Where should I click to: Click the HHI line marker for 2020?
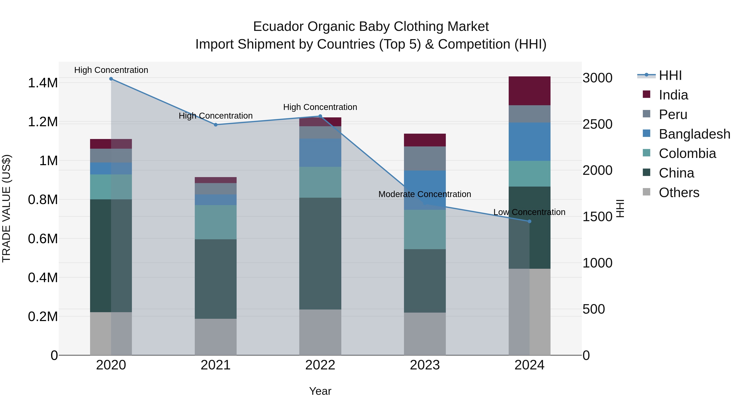click(111, 79)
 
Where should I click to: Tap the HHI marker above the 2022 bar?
click(320, 116)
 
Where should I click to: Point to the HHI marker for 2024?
click(529, 221)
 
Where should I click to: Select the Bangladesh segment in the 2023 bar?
click(425, 190)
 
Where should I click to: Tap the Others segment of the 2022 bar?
click(320, 332)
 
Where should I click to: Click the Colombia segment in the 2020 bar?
click(111, 187)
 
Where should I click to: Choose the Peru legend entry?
click(673, 114)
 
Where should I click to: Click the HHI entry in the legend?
click(670, 75)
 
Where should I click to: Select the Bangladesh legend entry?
click(694, 134)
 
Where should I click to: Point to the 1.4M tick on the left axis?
click(43, 83)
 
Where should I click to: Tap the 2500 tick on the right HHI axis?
click(597, 124)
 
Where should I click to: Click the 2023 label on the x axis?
click(425, 365)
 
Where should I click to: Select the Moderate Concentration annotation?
click(425, 194)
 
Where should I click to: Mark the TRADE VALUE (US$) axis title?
click(6, 208)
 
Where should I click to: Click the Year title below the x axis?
click(320, 391)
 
